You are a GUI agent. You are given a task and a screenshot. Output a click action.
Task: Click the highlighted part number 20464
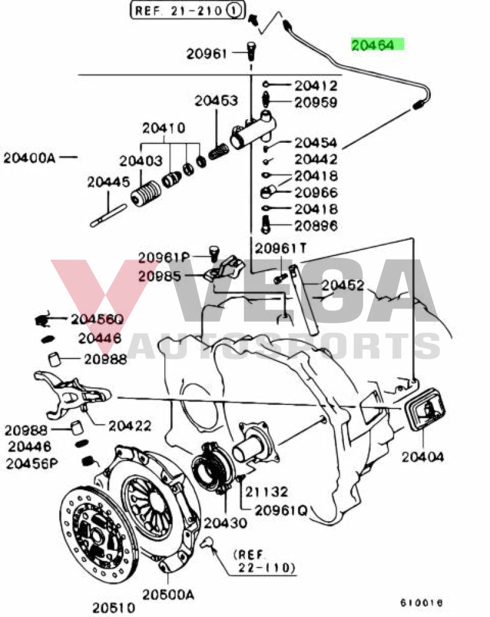377,45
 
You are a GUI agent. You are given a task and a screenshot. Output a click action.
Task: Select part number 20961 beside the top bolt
206,54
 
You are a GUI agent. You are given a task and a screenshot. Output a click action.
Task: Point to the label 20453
215,101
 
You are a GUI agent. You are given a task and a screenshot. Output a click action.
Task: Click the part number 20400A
29,158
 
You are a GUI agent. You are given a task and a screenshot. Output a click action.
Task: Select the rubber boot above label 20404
424,412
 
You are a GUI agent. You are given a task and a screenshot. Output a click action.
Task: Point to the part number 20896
316,226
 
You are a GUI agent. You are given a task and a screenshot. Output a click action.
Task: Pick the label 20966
316,193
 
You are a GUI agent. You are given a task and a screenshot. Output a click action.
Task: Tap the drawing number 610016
421,602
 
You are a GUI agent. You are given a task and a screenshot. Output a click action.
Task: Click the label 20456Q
97,319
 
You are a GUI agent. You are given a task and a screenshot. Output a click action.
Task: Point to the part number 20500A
168,595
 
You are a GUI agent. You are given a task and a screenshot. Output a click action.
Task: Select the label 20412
316,86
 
